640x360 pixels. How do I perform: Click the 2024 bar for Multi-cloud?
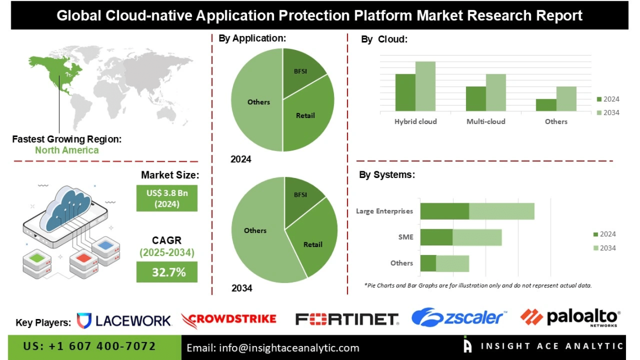pos(476,98)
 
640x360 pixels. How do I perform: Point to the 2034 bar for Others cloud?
pos(566,99)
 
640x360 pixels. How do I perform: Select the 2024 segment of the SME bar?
pos(436,237)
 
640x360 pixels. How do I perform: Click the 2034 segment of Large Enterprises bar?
pos(501,211)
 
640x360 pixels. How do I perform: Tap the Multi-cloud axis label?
pos(486,121)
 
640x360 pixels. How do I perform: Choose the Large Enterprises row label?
pos(385,211)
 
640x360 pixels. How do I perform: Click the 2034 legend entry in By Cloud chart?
pos(607,112)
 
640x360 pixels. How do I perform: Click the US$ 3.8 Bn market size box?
pos(167,198)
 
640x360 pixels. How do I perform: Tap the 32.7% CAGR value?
pos(167,272)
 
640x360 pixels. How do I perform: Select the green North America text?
pos(67,150)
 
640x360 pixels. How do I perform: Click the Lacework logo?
pos(124,321)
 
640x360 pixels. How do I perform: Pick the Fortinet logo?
pos(346,320)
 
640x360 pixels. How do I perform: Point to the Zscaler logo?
pos(457,318)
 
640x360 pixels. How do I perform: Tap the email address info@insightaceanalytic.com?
pos(272,348)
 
